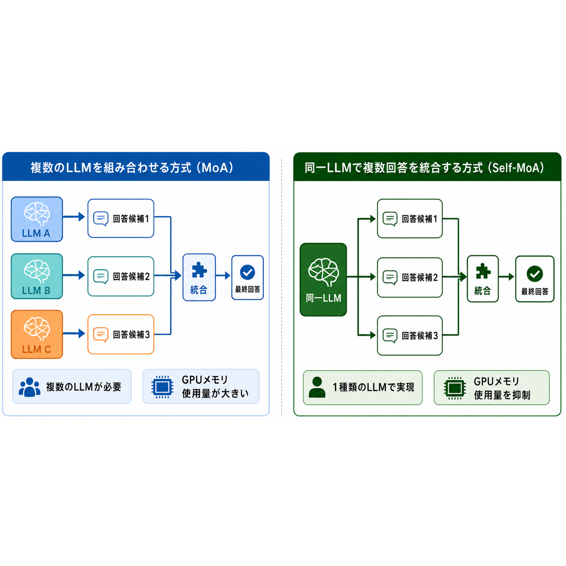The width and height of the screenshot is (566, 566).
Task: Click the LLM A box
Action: [x=37, y=219]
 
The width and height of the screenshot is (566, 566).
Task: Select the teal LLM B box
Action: [x=37, y=276]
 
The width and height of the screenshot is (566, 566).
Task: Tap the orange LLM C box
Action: [x=37, y=334]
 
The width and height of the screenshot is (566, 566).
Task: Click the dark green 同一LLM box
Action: [x=323, y=280]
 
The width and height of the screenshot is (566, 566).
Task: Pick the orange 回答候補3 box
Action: [x=121, y=334]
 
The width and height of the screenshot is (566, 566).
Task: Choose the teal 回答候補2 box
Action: [x=121, y=276]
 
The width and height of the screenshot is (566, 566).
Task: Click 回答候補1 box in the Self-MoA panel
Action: [x=410, y=219]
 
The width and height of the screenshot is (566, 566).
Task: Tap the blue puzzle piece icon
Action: [x=199, y=270]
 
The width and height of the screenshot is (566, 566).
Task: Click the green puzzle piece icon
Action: [x=483, y=271]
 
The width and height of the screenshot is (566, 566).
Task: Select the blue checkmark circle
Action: [x=247, y=272]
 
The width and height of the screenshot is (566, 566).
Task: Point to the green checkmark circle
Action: [x=535, y=274]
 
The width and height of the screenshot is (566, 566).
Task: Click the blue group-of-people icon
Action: [x=30, y=387]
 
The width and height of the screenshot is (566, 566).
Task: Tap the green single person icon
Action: [x=317, y=387]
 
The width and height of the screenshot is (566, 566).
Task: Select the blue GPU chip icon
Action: [x=162, y=387]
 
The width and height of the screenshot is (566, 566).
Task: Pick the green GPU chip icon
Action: [x=455, y=388]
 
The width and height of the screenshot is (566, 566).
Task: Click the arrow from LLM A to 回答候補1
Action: [x=74, y=217]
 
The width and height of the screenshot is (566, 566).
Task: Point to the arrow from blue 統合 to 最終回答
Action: [x=223, y=276]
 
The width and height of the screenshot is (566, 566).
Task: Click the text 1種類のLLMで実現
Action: [x=373, y=387]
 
